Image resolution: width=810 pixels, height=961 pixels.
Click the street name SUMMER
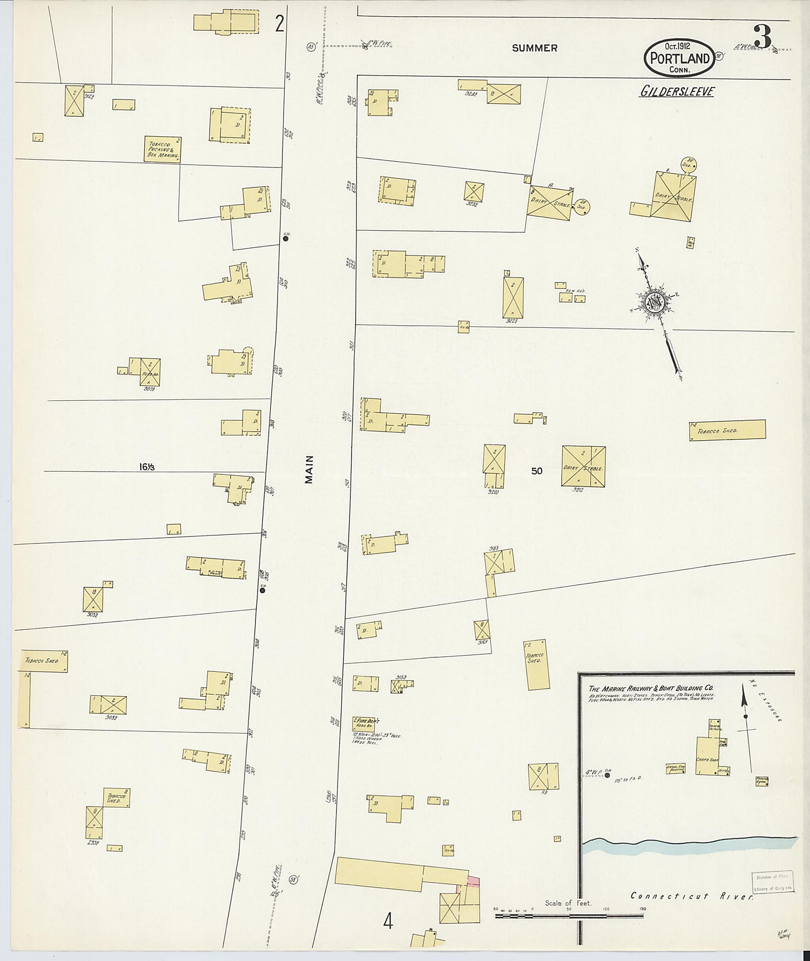[x=535, y=48]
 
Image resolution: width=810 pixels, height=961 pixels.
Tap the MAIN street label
[x=309, y=469]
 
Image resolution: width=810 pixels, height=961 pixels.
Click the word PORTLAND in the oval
[x=679, y=58]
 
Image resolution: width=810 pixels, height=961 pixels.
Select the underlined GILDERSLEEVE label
[x=677, y=91]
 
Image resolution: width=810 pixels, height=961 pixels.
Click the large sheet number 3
[x=762, y=37]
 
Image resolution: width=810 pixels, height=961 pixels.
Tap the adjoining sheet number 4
[x=388, y=921]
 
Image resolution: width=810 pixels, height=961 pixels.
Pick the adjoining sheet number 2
[x=279, y=24]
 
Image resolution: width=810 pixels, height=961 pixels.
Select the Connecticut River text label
[x=692, y=896]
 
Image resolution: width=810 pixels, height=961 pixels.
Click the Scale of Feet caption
[x=568, y=903]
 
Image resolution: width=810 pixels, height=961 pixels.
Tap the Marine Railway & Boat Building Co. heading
[x=651, y=689]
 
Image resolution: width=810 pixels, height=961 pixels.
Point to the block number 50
[x=536, y=471]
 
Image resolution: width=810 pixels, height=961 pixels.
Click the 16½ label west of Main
[x=146, y=467]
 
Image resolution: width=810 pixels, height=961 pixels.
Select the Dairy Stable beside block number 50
[x=583, y=466]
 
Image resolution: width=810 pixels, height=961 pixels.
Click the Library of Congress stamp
[x=773, y=882]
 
